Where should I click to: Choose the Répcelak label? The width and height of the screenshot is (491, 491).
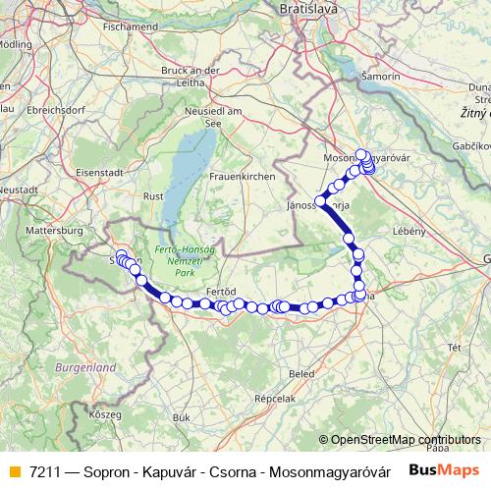coord(275,400)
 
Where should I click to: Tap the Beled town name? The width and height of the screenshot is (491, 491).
coord(300,374)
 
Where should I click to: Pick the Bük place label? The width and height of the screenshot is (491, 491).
coord(181,417)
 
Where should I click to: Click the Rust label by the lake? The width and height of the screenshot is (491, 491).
coord(153,196)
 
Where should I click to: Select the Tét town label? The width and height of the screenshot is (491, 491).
coord(454,348)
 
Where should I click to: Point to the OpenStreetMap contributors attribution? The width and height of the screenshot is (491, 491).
coord(405,439)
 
